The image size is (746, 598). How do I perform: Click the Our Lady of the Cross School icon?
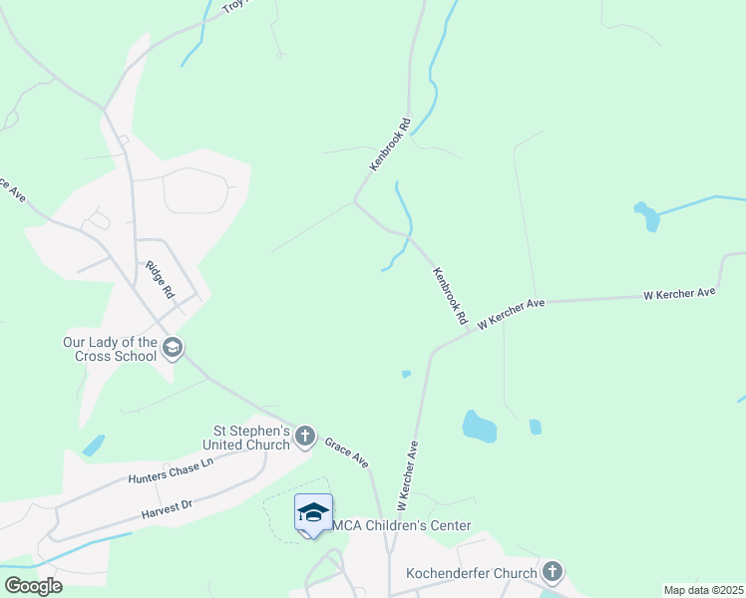[173, 347]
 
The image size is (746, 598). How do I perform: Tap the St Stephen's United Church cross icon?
[305, 436]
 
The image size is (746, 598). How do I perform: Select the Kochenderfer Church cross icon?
[552, 572]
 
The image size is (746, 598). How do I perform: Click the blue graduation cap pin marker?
[313, 513]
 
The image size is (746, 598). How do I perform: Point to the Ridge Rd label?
[160, 279]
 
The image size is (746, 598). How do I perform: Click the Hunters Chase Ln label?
[171, 470]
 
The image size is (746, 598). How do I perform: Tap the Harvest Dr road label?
[166, 508]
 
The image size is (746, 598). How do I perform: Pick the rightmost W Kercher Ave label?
[680, 294]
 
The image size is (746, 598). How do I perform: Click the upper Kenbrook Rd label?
[390, 145]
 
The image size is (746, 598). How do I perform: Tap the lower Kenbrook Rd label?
[450, 296]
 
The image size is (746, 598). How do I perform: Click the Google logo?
[33, 585]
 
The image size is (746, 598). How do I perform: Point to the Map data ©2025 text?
[703, 590]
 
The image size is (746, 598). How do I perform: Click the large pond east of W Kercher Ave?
[479, 427]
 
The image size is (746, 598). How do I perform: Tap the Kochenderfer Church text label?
[472, 573]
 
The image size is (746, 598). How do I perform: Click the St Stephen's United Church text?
[245, 438]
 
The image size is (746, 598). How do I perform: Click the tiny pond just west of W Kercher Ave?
[406, 375]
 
